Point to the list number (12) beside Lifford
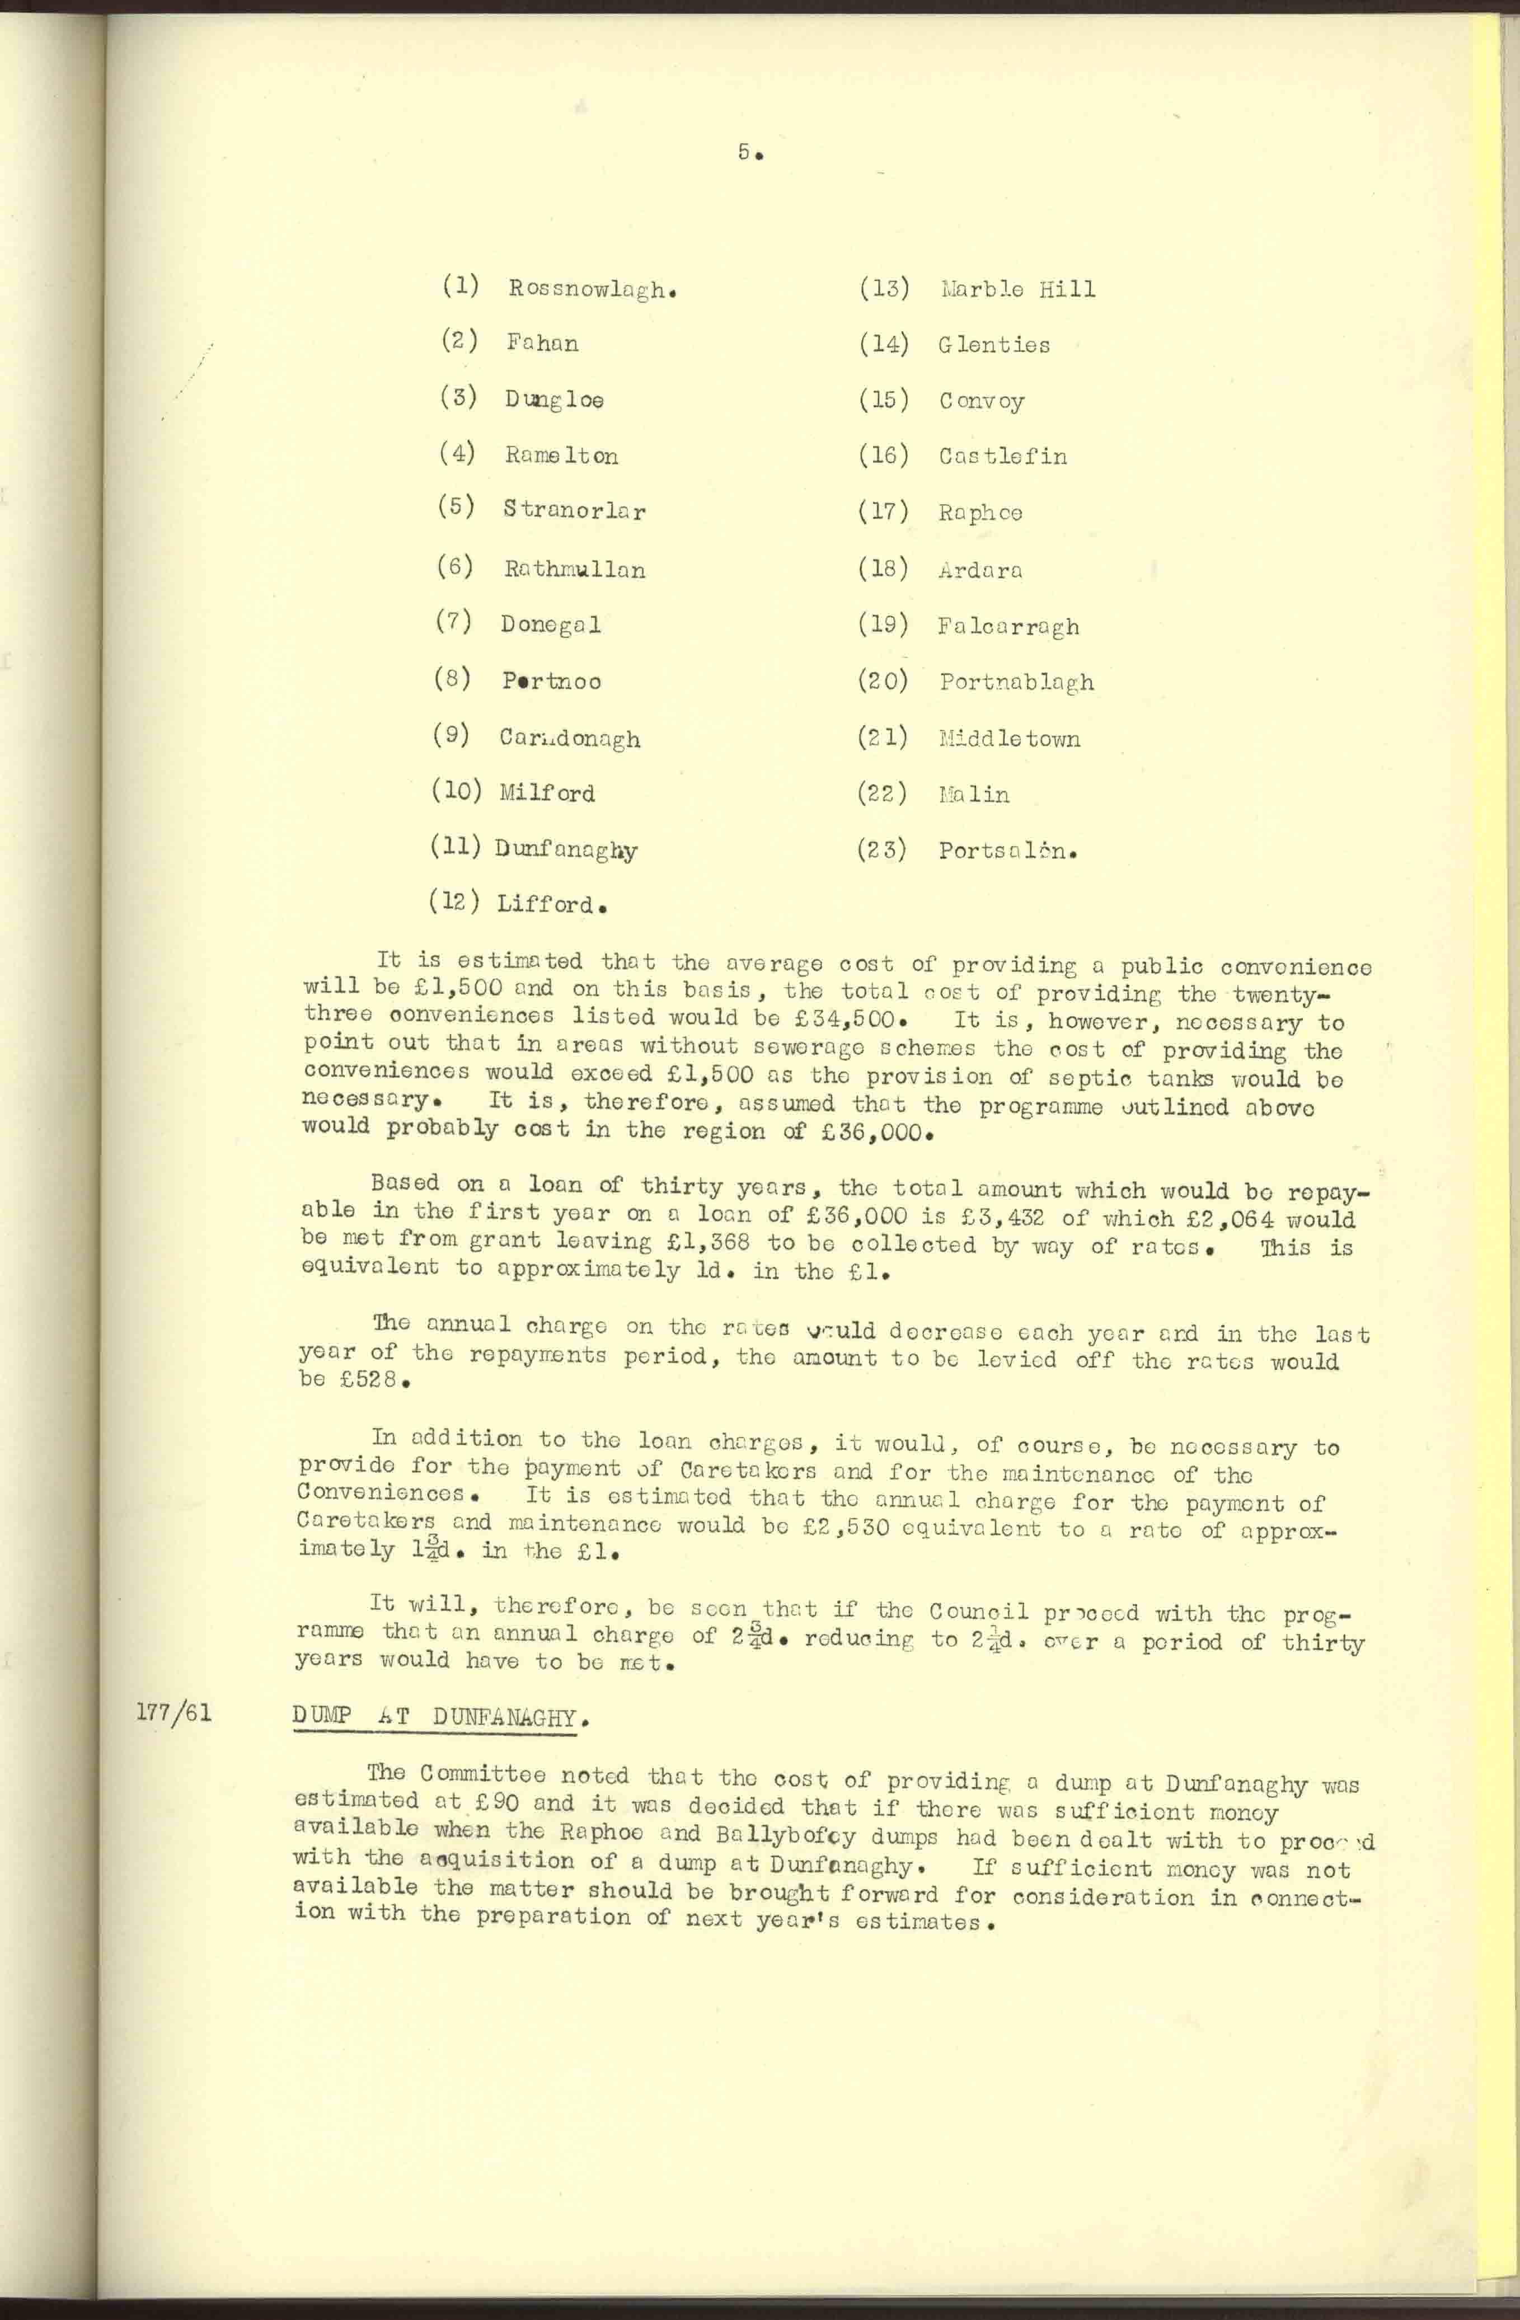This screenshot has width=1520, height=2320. [x=454, y=903]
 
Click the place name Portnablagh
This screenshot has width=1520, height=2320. [x=1016, y=682]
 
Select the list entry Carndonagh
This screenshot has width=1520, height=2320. [x=569, y=738]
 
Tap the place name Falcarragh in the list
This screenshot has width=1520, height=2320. [x=1008, y=627]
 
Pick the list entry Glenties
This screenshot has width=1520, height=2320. [x=993, y=345]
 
